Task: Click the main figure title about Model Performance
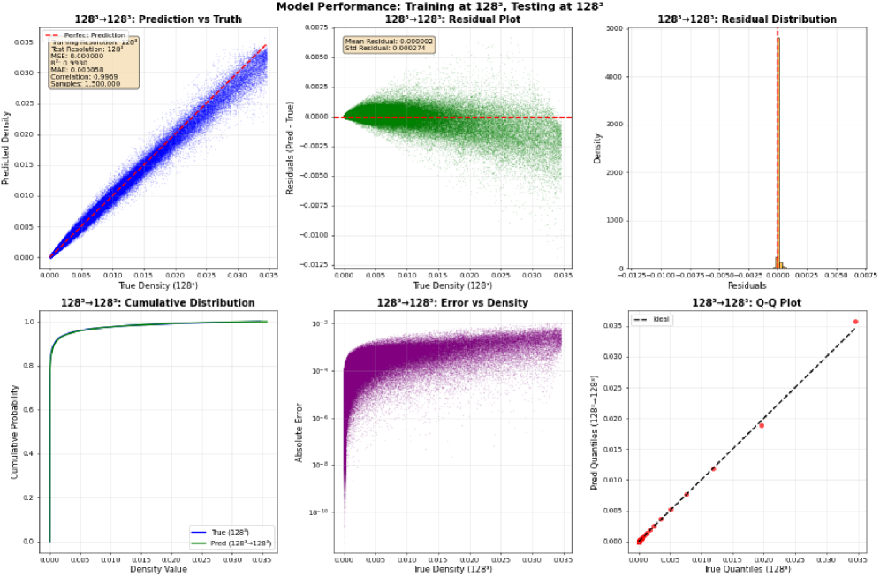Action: (x=439, y=6)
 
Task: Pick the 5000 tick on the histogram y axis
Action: (x=597, y=28)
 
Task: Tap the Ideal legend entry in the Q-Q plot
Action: (x=657, y=319)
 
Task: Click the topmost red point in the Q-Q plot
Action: (x=854, y=322)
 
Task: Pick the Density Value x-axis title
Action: (x=159, y=568)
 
